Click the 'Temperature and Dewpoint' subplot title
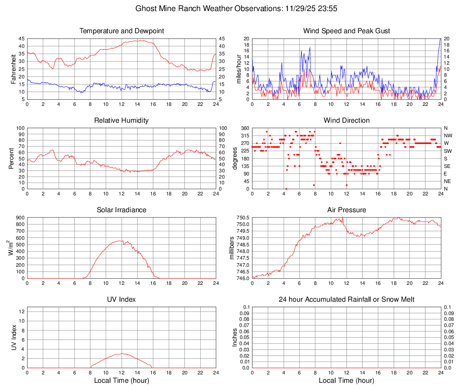tap(122, 31)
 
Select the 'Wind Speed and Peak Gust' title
tap(346, 31)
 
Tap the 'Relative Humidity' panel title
tap(122, 121)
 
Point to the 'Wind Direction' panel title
tap(346, 121)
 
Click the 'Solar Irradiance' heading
tap(122, 210)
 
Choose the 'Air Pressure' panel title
tap(346, 210)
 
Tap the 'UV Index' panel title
tap(122, 300)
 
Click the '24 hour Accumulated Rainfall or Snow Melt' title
tap(346, 300)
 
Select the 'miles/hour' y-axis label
tap(238, 69)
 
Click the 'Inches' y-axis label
tap(235, 337)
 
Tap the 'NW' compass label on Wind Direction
tap(448, 136)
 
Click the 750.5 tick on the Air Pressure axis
tap(242, 218)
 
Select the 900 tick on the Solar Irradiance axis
tap(20, 218)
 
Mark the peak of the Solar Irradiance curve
tap(121, 241)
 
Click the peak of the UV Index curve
tap(122, 353)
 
